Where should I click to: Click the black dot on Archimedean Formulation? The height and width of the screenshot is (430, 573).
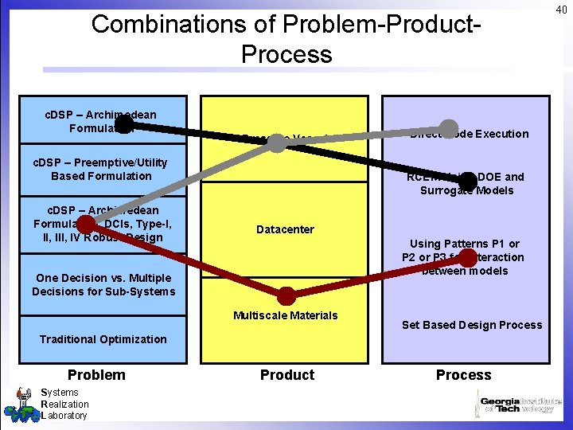tap(124, 125)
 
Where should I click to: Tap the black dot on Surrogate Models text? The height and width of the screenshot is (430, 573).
tap(467, 183)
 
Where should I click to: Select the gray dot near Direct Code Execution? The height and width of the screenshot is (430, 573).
tap(449, 128)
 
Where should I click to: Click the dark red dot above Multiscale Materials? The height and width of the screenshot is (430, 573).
tap(285, 296)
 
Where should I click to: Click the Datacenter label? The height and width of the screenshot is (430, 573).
tap(285, 229)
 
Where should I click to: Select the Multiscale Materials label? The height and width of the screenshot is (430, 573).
tap(285, 315)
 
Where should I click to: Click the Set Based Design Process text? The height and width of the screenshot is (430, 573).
tap(471, 325)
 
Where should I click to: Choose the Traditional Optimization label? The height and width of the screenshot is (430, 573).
tap(103, 339)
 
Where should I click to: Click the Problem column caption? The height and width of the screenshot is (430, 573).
tap(96, 375)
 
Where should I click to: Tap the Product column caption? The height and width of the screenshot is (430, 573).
tap(286, 375)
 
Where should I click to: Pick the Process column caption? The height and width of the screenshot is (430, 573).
tap(463, 375)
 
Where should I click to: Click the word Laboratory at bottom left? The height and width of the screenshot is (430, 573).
tap(64, 416)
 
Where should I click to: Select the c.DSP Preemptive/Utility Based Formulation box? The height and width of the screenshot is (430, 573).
tap(101, 170)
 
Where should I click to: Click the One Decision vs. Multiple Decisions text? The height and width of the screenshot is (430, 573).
tap(103, 284)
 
